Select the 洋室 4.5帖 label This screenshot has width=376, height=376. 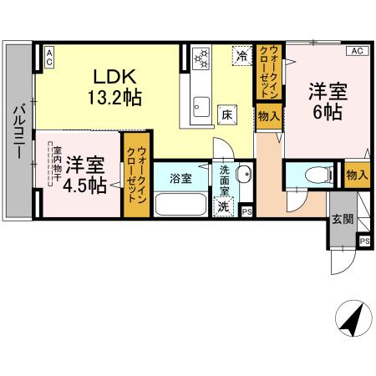(x=86, y=173)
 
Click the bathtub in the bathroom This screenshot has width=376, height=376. (x=180, y=203)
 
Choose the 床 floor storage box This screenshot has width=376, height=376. (x=226, y=115)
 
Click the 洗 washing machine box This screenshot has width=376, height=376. (x=224, y=206)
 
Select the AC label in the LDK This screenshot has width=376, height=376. (x=49, y=58)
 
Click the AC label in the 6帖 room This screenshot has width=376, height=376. (x=356, y=51)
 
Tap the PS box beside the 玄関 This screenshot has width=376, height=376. (x=363, y=241)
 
